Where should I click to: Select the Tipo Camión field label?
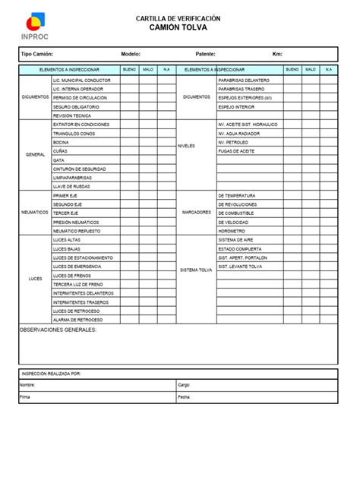coord(37,55)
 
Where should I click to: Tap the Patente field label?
coord(205,55)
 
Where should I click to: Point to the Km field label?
coord(277,55)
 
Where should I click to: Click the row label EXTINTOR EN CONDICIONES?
coord(81,124)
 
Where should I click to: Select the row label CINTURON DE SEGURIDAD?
coord(79,169)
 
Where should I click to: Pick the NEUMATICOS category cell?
coord(35,213)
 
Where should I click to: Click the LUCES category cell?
coord(35,279)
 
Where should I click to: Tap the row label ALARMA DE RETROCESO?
coord(77,320)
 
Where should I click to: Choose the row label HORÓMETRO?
coord(231,231)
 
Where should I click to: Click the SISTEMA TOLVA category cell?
coord(196,270)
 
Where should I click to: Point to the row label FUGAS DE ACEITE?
coord(236,151)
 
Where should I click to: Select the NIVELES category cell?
coord(187,146)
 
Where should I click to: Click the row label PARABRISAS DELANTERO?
coord(243,80)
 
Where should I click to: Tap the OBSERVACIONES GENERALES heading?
coord(58,330)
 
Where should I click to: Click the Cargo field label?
coord(184,385)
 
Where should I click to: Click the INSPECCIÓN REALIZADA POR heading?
coord(51,374)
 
